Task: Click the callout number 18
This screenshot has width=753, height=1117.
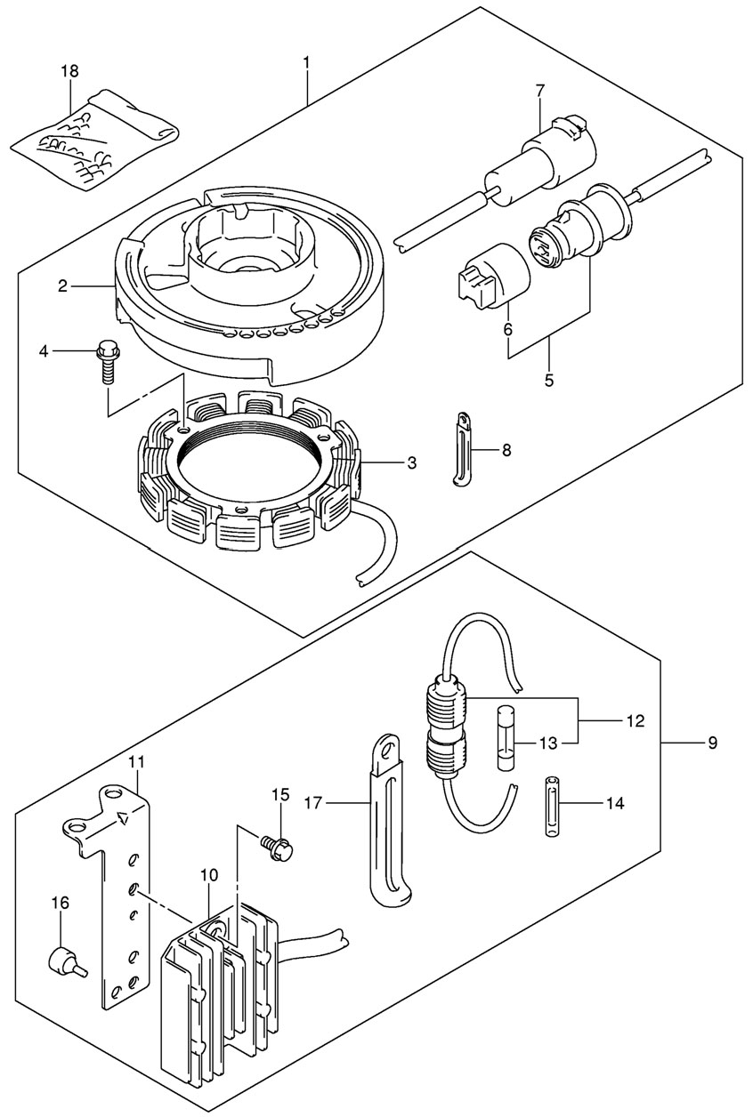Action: (x=69, y=71)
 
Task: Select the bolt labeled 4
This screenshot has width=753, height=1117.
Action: (x=106, y=362)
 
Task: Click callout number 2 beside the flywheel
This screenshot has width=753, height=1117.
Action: (x=62, y=286)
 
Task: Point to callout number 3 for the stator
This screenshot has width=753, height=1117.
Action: (x=411, y=462)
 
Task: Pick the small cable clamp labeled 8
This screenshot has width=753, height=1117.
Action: (x=462, y=449)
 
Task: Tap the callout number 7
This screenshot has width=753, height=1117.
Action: (x=540, y=92)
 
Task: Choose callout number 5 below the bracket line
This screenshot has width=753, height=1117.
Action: (x=549, y=381)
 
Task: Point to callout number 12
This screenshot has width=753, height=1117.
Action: (x=636, y=721)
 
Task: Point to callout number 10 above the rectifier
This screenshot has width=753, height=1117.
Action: (x=209, y=874)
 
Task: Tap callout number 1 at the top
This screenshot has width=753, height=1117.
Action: (x=306, y=63)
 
